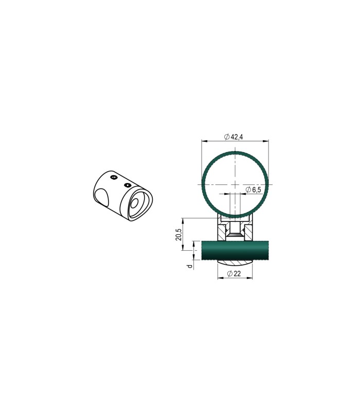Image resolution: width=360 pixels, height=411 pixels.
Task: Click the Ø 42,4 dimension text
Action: coord(233,137)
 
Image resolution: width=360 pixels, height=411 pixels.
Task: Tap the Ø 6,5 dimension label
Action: coord(254,190)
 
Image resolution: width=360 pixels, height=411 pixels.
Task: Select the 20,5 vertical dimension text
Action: coord(178,234)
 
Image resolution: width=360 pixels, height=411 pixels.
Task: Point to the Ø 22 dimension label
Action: coord(234,274)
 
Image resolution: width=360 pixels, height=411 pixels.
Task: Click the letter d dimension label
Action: coord(190,266)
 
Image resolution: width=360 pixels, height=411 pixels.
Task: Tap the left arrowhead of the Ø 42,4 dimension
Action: coord(205,141)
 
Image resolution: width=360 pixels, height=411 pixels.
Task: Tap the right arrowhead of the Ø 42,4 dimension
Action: coord(265,141)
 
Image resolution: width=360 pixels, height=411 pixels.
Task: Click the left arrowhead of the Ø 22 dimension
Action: coord(221,278)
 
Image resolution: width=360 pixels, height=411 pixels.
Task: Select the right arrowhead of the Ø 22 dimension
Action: coord(249,278)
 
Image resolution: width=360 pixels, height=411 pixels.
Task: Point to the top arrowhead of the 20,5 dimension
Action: coord(183,220)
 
